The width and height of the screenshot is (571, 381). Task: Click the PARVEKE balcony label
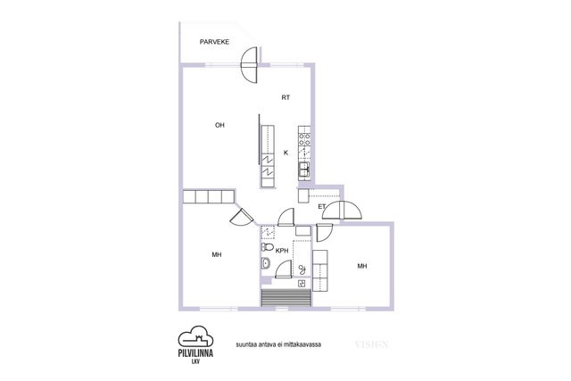(x=214, y=42)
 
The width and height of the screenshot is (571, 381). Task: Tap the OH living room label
(x=219, y=125)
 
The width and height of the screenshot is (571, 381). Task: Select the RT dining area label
(x=285, y=97)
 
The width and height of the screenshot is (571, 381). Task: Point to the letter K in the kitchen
(x=285, y=153)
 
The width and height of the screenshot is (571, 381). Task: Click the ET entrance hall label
(x=321, y=206)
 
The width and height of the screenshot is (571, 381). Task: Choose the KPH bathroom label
(x=282, y=251)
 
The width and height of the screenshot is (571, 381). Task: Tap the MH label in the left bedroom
(x=217, y=255)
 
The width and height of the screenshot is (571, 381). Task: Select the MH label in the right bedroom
(x=362, y=266)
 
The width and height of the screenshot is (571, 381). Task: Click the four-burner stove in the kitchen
(x=304, y=139)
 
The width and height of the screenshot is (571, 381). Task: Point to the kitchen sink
(x=304, y=170)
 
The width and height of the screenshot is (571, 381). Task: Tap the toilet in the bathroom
(x=268, y=247)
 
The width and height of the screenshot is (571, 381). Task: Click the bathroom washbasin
(x=266, y=263)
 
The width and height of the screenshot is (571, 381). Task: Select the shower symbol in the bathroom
(x=302, y=269)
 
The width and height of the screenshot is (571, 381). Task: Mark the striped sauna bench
(x=286, y=298)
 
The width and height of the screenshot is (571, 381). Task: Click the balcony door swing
(x=250, y=65)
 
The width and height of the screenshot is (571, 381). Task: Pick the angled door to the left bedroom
(x=242, y=218)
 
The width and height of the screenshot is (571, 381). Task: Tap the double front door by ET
(x=342, y=211)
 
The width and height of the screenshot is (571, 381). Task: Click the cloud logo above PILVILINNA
(x=195, y=336)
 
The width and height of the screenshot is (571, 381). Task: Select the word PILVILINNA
(x=195, y=353)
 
